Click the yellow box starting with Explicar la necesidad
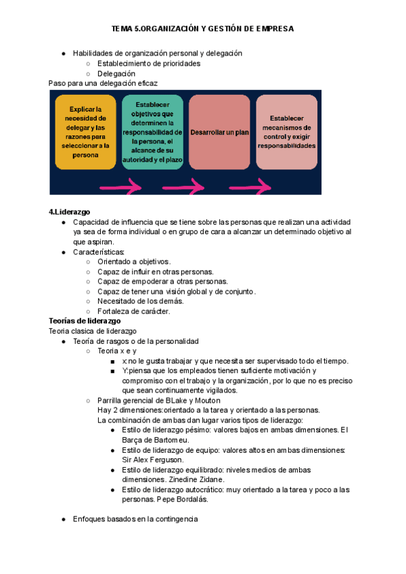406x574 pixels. (85, 131)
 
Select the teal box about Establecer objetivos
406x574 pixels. (153, 132)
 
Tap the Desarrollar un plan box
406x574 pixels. (220, 132)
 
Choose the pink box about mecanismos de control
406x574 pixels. (286, 132)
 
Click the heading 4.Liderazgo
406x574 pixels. (69, 212)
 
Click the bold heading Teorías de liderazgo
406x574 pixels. (85, 320)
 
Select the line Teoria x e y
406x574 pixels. (117, 351)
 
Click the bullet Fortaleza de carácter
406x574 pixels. (133, 311)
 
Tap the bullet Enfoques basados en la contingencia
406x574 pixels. (135, 519)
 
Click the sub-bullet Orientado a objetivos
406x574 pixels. (133, 261)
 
